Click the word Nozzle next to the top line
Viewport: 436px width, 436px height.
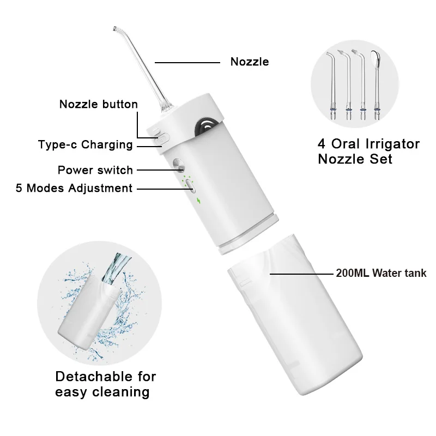coord(250,62)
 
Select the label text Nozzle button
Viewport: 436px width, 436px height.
coord(98,104)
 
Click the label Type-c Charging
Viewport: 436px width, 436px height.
coord(85,144)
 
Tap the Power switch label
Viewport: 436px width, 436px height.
coord(95,170)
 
